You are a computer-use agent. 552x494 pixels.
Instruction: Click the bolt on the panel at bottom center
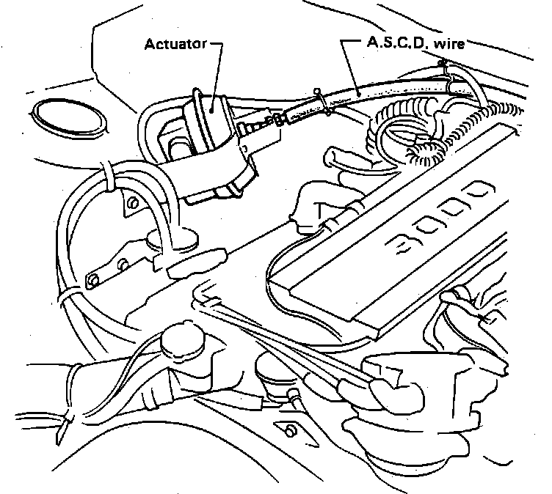click(x=288, y=429)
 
